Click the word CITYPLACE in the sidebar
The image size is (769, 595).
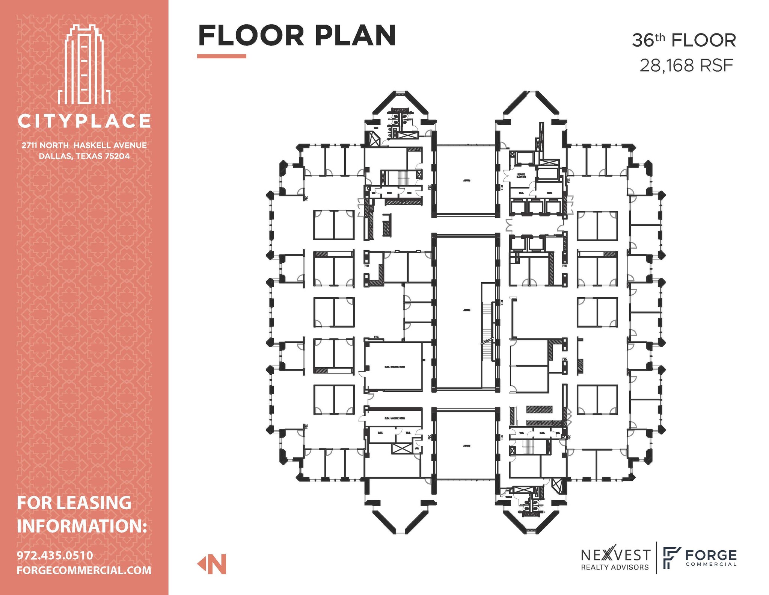click(84, 121)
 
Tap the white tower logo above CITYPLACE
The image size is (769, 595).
click(84, 64)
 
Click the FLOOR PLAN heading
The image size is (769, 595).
click(297, 36)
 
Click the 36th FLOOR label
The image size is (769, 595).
click(684, 41)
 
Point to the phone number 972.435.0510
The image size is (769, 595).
click(55, 555)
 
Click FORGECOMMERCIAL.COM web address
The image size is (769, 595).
click(84, 570)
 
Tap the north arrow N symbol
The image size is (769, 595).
click(213, 564)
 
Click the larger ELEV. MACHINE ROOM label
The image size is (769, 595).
click(394, 366)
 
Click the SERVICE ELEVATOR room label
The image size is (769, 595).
click(521, 176)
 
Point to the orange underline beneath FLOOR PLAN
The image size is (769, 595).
click(222, 56)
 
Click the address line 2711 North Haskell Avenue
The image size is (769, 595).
click(84, 145)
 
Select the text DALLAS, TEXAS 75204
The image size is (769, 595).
click(84, 156)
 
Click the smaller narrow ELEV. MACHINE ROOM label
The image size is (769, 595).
click(394, 418)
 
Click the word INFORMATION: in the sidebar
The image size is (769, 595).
click(81, 525)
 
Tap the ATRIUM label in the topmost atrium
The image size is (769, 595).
click(466, 180)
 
